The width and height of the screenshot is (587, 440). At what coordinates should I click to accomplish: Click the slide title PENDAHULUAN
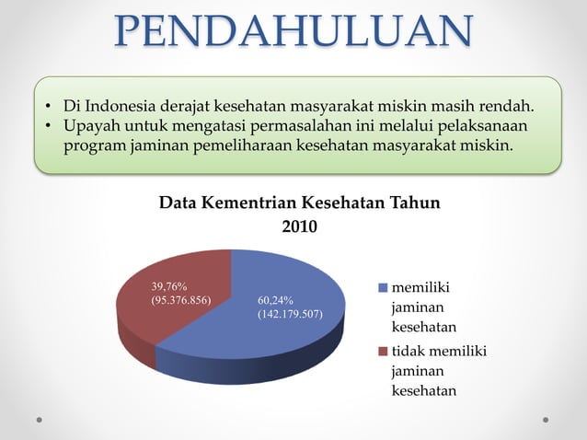(294, 32)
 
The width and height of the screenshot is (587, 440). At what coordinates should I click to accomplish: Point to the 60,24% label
(275, 300)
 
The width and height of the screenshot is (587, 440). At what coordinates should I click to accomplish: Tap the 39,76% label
(169, 286)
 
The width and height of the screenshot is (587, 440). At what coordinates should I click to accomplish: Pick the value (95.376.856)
(181, 300)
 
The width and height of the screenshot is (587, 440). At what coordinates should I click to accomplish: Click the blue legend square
(383, 289)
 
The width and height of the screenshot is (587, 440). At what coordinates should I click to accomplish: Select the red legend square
(383, 352)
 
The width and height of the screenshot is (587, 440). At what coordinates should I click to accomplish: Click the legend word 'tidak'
(409, 352)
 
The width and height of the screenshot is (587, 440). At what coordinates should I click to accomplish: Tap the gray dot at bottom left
(40, 419)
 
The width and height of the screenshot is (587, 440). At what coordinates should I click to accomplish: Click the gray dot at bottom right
(546, 419)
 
